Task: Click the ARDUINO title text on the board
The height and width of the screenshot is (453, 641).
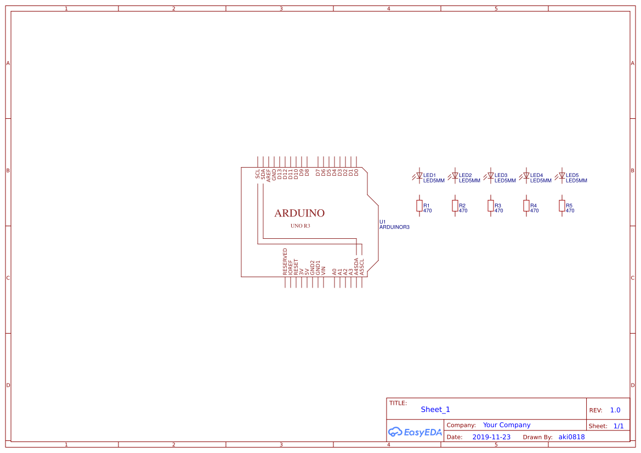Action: pyautogui.click(x=299, y=213)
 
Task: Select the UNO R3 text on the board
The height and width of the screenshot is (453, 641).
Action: pyautogui.click(x=300, y=226)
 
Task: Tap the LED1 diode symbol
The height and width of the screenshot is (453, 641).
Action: pyautogui.click(x=419, y=176)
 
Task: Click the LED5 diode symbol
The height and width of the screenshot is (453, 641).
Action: pyautogui.click(x=561, y=176)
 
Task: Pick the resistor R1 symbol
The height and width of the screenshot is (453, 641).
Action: pyautogui.click(x=419, y=205)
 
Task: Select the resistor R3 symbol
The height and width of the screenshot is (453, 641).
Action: pyautogui.click(x=491, y=205)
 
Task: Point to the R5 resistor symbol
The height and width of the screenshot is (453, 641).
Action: pyautogui.click(x=561, y=205)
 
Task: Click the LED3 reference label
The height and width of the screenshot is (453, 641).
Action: pyautogui.click(x=501, y=175)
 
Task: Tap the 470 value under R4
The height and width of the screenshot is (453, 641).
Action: pyautogui.click(x=534, y=211)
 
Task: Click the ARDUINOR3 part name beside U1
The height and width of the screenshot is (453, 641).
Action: pyautogui.click(x=394, y=227)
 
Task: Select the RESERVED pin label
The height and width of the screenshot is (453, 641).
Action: pyautogui.click(x=285, y=261)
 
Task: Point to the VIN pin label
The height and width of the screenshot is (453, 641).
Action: pyautogui.click(x=324, y=270)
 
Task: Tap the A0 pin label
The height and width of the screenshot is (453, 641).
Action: pyautogui.click(x=334, y=271)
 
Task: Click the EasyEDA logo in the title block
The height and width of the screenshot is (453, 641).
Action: pyautogui.click(x=415, y=432)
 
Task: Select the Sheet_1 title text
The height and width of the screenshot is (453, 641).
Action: pyautogui.click(x=435, y=409)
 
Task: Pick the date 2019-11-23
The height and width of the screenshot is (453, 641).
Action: pyautogui.click(x=491, y=437)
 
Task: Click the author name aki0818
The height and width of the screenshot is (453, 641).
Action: pyautogui.click(x=571, y=437)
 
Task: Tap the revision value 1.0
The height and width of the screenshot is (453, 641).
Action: pyautogui.click(x=615, y=410)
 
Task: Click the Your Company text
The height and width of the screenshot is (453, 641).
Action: pyautogui.click(x=507, y=425)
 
